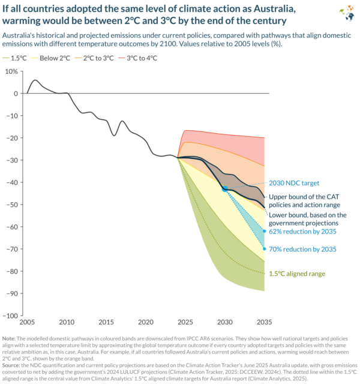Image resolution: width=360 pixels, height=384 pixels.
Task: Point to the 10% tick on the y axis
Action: tap(11, 71)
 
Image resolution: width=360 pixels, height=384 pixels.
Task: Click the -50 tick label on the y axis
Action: tap(11, 205)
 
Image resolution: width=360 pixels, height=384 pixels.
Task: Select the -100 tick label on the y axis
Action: tap(10, 316)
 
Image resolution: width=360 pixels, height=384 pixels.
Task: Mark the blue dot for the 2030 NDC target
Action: tap(225, 188)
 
